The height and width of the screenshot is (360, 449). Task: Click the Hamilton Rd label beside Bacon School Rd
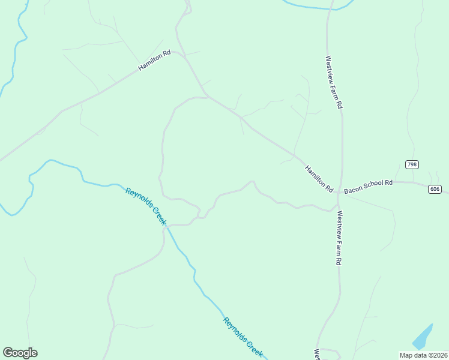(x=319, y=178)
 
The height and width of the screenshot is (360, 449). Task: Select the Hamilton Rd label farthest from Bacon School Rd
(x=154, y=61)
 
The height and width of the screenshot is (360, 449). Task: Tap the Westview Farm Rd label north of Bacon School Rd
(x=334, y=82)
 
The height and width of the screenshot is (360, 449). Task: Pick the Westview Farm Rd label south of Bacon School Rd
(x=339, y=238)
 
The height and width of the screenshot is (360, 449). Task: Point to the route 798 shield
(x=412, y=164)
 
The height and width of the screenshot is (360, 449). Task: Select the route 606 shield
(x=435, y=189)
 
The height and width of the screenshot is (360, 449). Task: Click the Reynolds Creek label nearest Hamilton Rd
(x=146, y=206)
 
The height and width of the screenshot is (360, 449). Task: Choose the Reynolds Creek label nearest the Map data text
(x=243, y=337)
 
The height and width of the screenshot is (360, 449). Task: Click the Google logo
(x=20, y=353)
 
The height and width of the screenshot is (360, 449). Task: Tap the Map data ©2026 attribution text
(x=423, y=355)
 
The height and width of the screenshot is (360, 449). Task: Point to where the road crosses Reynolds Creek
(x=170, y=226)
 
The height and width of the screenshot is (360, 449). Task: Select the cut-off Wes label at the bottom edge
(x=316, y=354)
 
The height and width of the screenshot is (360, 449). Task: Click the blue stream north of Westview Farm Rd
(x=312, y=7)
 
